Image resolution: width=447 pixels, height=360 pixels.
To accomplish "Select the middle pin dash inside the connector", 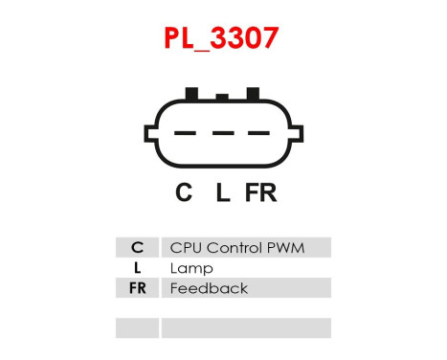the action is (x=222, y=134).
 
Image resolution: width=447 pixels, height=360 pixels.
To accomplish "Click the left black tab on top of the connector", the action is (x=191, y=93).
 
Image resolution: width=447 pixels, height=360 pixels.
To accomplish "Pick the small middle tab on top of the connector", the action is (x=222, y=96).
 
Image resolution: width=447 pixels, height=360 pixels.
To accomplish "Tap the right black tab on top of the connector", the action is (x=253, y=93).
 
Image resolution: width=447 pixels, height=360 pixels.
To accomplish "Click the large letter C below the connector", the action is (x=184, y=193).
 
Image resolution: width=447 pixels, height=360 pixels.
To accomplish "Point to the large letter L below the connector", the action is (x=222, y=193).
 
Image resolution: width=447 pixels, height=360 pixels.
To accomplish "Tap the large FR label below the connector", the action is (x=260, y=193).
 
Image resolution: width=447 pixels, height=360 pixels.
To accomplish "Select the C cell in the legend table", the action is (x=137, y=248).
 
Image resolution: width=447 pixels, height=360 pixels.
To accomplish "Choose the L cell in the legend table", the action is (x=137, y=268).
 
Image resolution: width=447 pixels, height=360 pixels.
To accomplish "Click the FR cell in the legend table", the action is (x=137, y=288).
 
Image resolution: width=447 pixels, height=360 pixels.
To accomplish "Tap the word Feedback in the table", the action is (x=208, y=288).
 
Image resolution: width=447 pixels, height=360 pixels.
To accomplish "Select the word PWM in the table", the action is (x=284, y=248).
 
